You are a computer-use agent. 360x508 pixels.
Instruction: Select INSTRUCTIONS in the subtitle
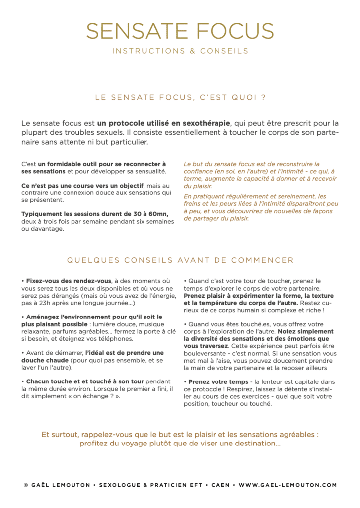141,51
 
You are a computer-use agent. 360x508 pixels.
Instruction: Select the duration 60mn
159,214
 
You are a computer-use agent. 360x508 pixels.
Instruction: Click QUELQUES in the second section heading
88,260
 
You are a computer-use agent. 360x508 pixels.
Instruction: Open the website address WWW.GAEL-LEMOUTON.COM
288,485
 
